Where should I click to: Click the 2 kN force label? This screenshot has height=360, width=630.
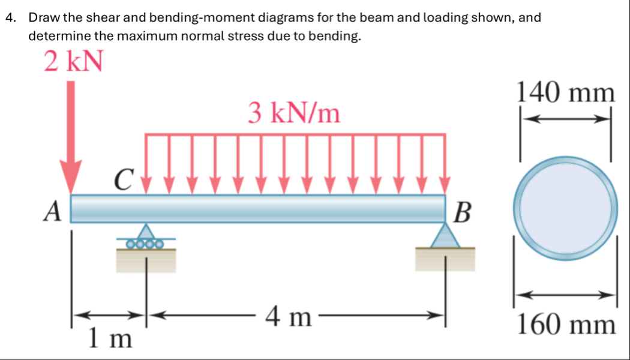pos(73,61)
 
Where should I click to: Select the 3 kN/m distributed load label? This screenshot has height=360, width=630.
pos(294,112)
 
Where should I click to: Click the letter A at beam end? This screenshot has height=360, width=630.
pos(55,211)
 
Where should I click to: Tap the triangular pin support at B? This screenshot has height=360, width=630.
pos(445,235)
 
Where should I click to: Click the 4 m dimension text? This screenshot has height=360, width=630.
pos(289,316)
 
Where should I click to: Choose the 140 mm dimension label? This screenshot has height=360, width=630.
pos(566,94)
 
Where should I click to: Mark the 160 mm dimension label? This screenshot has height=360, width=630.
pos(566,326)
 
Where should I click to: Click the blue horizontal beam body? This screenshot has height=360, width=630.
pos(258,208)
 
